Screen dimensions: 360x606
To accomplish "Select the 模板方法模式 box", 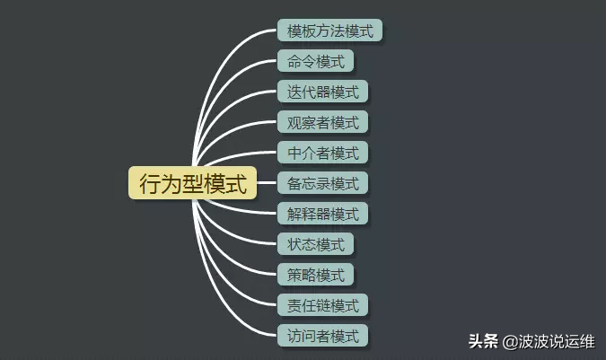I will coord(329,31).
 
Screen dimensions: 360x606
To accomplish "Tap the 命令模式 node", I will coord(315,62).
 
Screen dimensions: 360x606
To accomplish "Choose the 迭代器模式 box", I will coord(322,92).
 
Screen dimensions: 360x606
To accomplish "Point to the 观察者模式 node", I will coord(322,122).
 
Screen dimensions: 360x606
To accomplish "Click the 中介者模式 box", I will coord(322,153).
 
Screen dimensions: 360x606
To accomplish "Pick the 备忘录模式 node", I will coord(322,183).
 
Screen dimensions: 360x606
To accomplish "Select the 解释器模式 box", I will coord(322,214).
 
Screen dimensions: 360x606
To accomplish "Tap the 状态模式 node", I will coord(315,244).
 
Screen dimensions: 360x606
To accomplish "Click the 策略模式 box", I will coord(315,275).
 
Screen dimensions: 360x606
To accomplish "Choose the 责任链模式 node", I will coord(322,305).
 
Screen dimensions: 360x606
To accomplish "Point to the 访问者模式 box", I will coord(322,336).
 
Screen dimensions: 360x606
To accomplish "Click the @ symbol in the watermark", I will coord(508,341).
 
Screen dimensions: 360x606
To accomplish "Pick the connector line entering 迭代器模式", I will coord(265,92).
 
